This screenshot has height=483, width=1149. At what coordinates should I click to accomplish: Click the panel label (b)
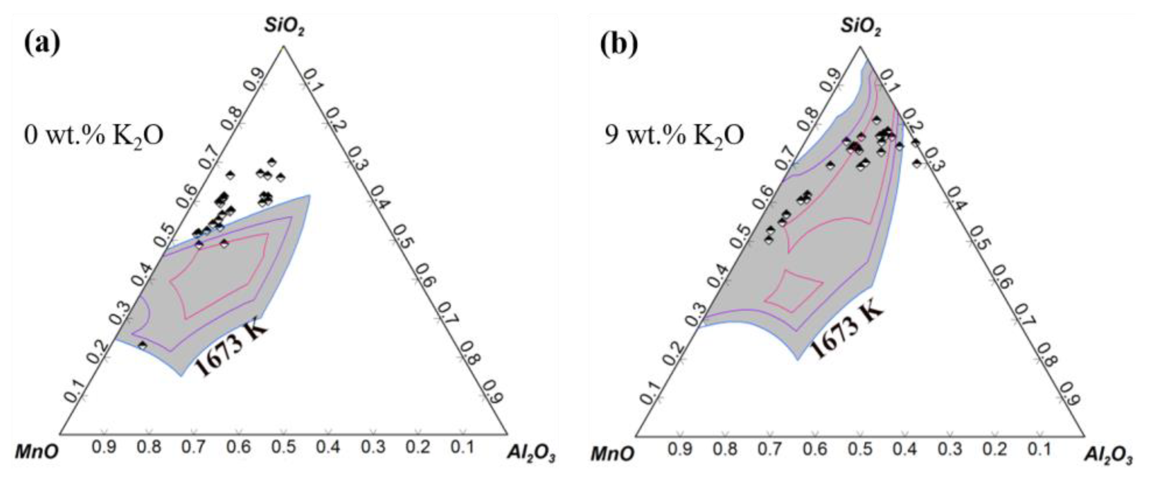coord(619,43)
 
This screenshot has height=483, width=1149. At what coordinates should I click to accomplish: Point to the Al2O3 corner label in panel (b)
coord(1108,456)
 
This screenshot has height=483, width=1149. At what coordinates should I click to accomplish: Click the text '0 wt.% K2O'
coord(93,135)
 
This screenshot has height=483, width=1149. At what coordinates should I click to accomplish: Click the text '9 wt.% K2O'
coord(674,135)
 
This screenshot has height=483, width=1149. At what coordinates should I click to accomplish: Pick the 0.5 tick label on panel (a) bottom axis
coord(284,448)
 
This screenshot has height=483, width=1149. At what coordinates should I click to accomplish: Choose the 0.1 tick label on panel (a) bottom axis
coord(463,448)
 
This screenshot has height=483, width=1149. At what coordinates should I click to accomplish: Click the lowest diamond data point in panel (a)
coord(143,345)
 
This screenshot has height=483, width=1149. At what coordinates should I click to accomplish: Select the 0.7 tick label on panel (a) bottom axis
coord(193,448)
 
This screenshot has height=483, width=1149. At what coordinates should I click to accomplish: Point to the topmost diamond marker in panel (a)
coord(272,162)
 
